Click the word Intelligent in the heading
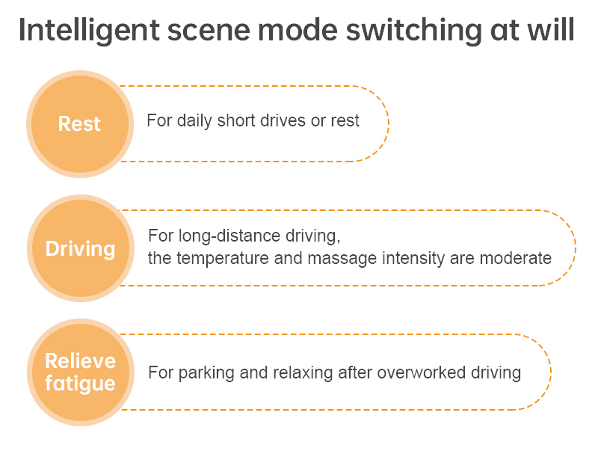(x=89, y=31)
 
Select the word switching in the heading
(x=414, y=31)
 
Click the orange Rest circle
(x=80, y=124)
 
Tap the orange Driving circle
(x=81, y=248)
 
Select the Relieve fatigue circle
(x=81, y=372)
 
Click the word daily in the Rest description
(x=194, y=121)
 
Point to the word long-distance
(x=230, y=236)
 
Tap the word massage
(x=342, y=259)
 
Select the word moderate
(x=516, y=258)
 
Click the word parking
(x=206, y=372)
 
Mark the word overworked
(x=422, y=372)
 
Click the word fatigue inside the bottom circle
(x=80, y=384)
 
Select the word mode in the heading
(x=298, y=31)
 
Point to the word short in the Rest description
(x=236, y=120)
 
